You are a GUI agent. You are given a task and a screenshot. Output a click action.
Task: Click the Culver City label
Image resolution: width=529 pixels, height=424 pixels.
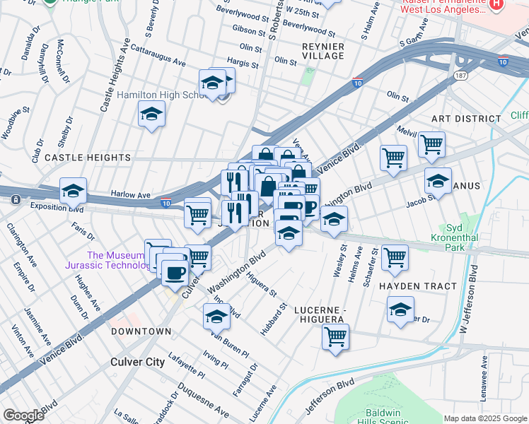pyautogui.click(x=138, y=362)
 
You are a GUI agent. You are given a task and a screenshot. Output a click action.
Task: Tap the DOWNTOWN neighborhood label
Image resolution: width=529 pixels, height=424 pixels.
pyautogui.click(x=141, y=331)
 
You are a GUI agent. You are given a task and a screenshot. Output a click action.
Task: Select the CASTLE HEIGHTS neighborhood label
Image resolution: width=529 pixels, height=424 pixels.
pyautogui.click(x=88, y=158)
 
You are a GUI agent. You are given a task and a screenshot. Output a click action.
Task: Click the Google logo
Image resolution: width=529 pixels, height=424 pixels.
pyautogui.click(x=23, y=416)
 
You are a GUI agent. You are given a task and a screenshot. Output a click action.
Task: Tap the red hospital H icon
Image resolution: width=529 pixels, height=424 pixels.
pyautogui.click(x=496, y=4)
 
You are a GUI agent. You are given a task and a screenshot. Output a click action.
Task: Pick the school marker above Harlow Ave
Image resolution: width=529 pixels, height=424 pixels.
pyautogui.click(x=73, y=190)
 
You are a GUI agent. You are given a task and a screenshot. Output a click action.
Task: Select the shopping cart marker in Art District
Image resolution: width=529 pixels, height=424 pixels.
pyautogui.click(x=431, y=145)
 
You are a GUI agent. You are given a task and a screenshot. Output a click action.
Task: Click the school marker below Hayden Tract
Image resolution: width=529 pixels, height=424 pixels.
pyautogui.click(x=400, y=310)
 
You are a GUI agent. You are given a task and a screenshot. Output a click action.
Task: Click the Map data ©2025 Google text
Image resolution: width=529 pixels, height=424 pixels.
pyautogui.click(x=485, y=418)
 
